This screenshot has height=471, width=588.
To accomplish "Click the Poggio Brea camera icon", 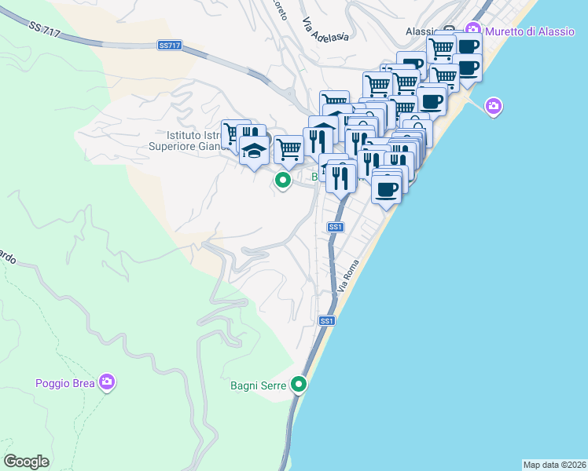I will [x=107, y=383].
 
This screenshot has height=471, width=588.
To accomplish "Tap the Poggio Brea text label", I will [x=65, y=383].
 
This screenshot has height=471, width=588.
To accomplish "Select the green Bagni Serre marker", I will [x=299, y=385].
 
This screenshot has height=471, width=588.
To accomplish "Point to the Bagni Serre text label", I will [x=259, y=385].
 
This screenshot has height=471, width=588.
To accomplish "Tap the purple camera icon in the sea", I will [x=494, y=106].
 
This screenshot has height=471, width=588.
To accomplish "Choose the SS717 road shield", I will [x=170, y=46].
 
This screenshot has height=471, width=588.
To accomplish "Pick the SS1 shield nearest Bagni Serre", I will [x=328, y=321].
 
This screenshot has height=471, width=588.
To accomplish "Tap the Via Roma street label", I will [x=347, y=276].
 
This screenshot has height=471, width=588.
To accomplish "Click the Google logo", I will [x=27, y=462].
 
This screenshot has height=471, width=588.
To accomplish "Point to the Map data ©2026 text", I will [x=554, y=465].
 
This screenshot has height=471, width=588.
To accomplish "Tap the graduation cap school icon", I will [x=254, y=150].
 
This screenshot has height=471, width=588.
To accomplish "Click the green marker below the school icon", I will [x=283, y=181].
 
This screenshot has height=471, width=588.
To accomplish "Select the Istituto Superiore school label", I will [x=189, y=140].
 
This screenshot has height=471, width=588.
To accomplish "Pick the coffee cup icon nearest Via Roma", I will [x=386, y=188].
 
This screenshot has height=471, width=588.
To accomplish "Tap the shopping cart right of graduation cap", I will [x=288, y=148].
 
